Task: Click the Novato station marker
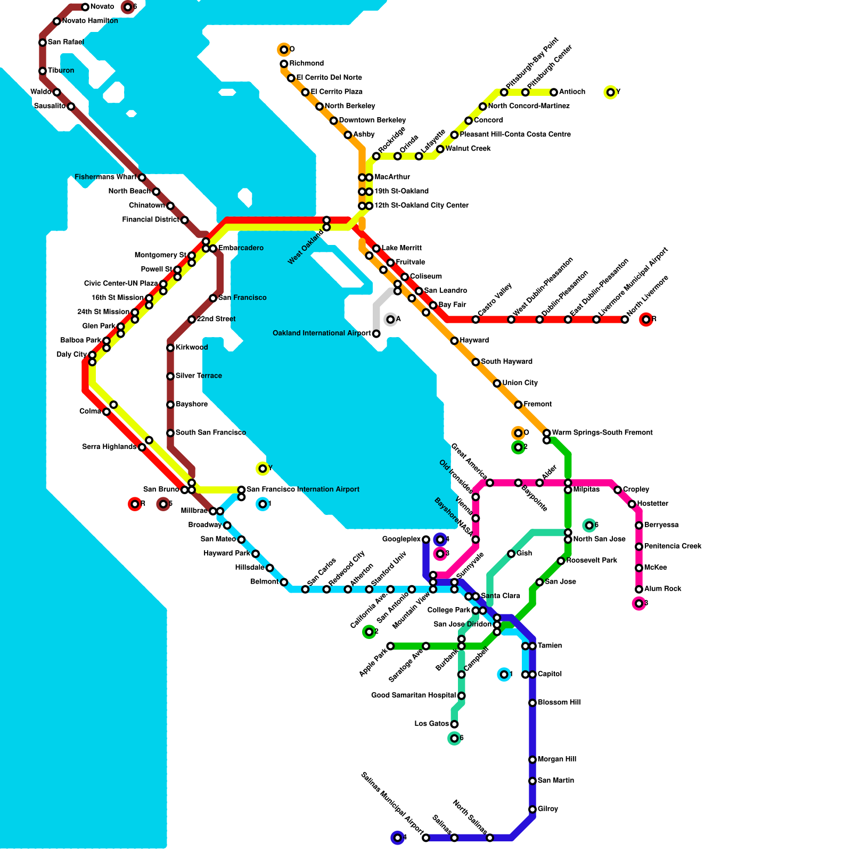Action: click(85, 7)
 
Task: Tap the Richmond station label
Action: click(307, 63)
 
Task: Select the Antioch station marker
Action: click(554, 92)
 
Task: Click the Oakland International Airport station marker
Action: click(376, 334)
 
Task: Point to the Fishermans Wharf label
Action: click(105, 177)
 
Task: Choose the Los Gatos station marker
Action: click(454, 724)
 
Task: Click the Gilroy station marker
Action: click(532, 809)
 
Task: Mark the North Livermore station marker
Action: click(625, 319)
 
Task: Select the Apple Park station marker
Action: click(390, 646)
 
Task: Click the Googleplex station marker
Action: click(426, 539)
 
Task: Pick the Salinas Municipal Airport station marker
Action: click(426, 838)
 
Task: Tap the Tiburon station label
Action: click(61, 71)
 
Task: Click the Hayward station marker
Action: click(454, 341)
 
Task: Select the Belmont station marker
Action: click(284, 582)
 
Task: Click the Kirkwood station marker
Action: click(170, 348)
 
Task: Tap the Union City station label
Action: click(520, 383)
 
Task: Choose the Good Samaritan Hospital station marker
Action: click(462, 696)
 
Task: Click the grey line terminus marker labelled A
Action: click(390, 319)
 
